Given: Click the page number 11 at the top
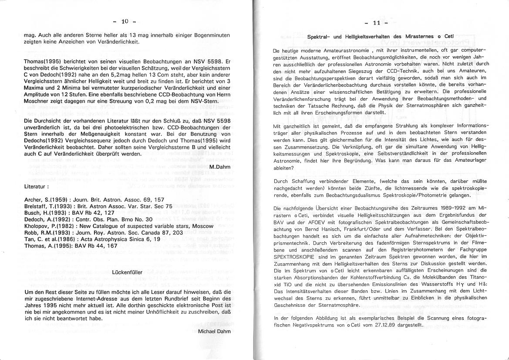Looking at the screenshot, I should [376, 23].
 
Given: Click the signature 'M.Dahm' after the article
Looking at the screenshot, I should [219, 167].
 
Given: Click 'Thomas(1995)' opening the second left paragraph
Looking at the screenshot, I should [42, 62].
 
